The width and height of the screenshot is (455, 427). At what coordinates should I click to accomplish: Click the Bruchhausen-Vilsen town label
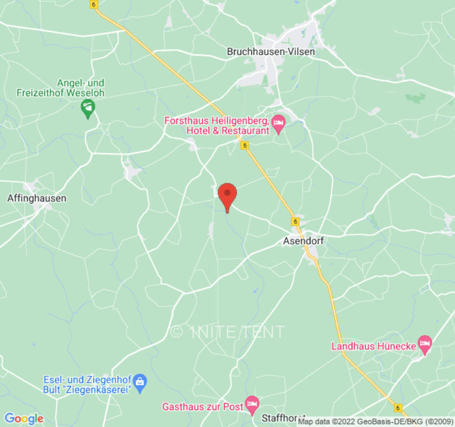point(270,52)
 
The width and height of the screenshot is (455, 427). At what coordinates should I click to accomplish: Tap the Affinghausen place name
point(37,198)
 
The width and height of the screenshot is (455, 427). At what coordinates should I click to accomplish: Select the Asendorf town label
point(303,241)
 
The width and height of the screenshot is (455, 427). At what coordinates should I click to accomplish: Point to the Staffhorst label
point(283,418)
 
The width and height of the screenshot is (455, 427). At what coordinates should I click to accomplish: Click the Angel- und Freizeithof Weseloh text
point(82,88)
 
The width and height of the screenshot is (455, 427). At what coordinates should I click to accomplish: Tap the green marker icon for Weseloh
point(87,109)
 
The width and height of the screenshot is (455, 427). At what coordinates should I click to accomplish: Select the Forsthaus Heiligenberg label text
point(217,125)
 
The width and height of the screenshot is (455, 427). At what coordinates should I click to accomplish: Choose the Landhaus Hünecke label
point(373,346)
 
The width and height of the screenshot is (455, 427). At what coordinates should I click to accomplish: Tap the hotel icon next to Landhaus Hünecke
point(425,344)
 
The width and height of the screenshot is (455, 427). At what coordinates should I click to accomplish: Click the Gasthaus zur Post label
point(203,407)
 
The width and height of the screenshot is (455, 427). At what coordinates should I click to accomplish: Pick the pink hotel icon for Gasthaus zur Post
point(252,404)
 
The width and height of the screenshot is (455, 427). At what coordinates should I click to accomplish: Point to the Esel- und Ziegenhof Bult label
point(87,384)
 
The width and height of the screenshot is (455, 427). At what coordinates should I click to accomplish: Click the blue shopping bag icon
point(140,381)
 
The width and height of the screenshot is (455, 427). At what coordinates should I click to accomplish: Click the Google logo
point(23,418)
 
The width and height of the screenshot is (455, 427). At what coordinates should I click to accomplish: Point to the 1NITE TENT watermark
point(227,331)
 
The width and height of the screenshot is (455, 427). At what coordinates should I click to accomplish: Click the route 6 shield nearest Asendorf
point(295,220)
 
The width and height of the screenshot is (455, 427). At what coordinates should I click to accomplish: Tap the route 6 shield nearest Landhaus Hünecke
point(398,407)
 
